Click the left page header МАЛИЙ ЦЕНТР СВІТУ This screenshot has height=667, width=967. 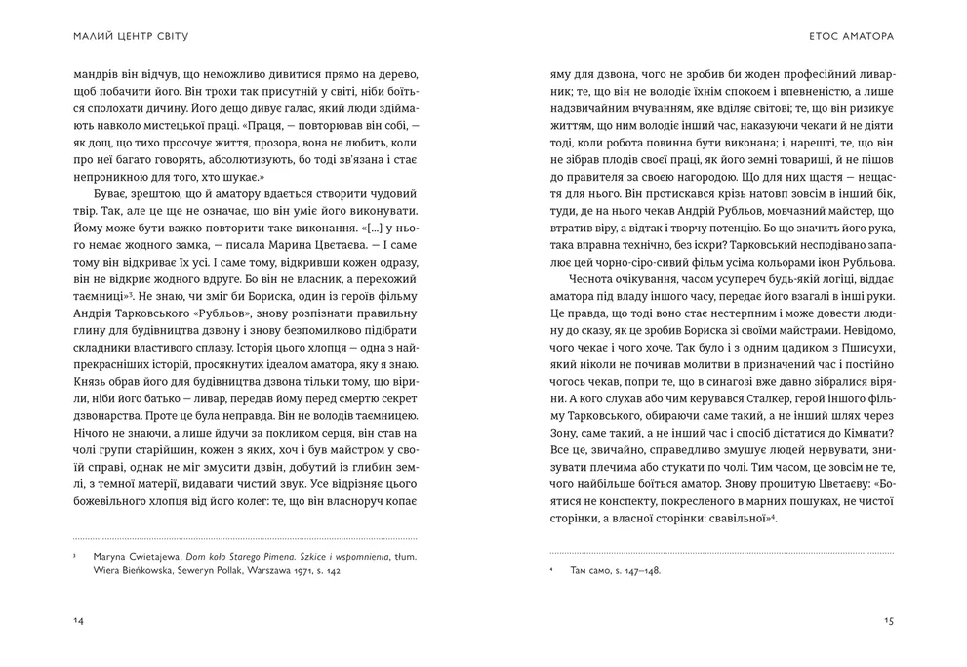(x=131, y=37)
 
